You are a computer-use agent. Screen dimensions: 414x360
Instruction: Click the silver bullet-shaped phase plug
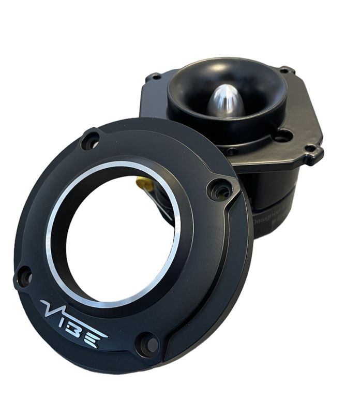point(226,100)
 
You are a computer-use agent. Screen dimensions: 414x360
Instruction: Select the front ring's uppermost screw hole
point(91,140)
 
